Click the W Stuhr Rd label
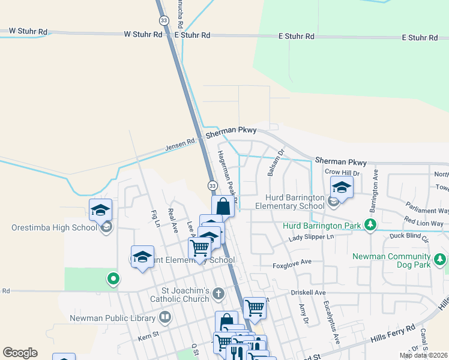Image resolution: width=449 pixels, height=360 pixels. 143,34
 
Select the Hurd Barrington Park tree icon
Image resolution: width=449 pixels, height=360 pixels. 370,225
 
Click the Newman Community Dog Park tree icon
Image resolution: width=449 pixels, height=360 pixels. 441,259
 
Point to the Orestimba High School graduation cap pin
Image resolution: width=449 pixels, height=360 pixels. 100,211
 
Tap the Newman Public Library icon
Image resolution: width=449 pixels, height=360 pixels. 165,317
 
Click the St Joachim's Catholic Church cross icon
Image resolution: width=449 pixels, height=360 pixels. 218,294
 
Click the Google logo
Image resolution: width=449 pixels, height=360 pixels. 20,353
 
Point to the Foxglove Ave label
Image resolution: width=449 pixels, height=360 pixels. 292,262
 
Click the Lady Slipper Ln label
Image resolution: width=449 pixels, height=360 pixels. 311,237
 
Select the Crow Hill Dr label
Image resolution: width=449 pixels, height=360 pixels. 342,172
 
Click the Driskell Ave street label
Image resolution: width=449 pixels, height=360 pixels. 307,293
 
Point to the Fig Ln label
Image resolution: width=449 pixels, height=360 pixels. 157,217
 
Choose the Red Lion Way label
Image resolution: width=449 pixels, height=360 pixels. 424,223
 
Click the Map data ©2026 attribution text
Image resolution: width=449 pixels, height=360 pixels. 423,355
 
